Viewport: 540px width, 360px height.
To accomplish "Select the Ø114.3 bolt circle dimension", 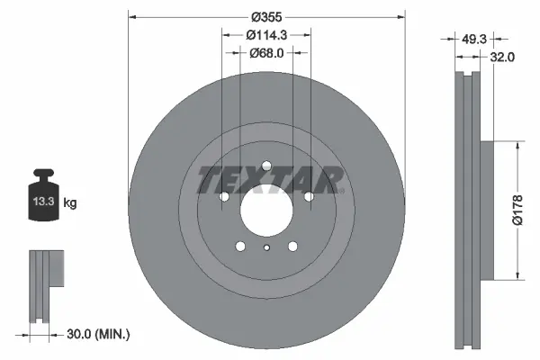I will [x=267, y=34].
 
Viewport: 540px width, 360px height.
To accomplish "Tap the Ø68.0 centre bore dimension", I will [x=267, y=52].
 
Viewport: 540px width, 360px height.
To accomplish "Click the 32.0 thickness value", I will [x=502, y=57].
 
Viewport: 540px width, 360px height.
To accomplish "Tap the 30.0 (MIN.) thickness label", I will [x=98, y=334].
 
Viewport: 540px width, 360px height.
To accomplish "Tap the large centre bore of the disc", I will [x=266, y=209].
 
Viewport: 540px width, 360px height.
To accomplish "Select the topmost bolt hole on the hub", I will [x=266, y=165].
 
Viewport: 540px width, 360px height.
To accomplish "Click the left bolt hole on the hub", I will [x=225, y=195].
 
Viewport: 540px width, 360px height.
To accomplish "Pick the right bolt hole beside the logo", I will [x=308, y=195].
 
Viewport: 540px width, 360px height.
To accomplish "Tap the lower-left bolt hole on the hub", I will [x=240, y=246].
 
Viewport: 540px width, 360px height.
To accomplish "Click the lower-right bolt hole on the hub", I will [x=292, y=246].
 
